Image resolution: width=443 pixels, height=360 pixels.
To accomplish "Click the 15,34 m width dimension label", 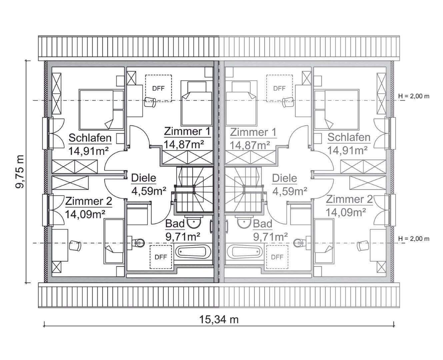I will tap(219, 319).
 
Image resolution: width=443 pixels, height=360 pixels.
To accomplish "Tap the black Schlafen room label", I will tap(90, 138).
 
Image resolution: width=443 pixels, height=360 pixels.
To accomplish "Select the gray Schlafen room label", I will tap(349, 137).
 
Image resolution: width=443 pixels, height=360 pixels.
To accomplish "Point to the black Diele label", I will tap(143, 178).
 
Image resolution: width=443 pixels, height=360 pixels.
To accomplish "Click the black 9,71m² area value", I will tap(183, 237).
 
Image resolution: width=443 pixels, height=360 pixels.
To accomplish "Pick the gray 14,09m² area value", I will tap(346, 212).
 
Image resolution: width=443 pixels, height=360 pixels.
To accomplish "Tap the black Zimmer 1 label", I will tap(187, 132).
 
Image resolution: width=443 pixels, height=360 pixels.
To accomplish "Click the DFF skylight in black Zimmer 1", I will tap(158, 88).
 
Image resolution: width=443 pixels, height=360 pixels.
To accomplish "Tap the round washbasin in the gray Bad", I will tap(243, 222).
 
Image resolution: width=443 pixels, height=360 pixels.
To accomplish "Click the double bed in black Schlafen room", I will tap(101, 109).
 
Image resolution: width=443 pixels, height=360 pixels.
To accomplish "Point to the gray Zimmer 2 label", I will tap(349, 199).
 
